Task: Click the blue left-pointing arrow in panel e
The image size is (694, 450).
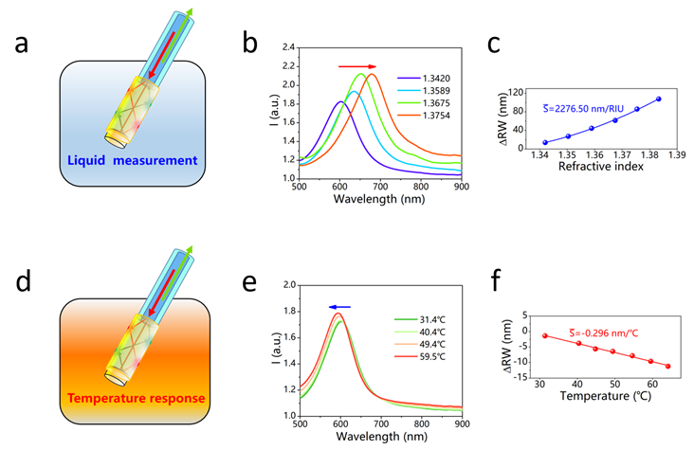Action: coord(339,306)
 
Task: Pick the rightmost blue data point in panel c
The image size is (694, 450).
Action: coord(659,99)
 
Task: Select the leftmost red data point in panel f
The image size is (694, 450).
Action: coord(545,335)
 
